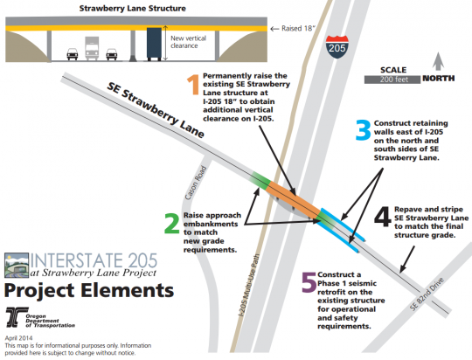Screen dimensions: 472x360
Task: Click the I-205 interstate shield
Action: point(337,46)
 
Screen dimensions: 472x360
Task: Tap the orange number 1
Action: point(193,85)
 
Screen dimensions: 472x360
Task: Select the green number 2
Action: point(172,223)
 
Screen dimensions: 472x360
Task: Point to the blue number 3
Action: point(363,130)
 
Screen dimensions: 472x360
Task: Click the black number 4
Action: point(383,217)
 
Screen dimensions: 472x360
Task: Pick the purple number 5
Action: point(309,282)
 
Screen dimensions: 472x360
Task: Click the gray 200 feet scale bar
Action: point(392,80)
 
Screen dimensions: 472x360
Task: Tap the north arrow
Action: point(438,61)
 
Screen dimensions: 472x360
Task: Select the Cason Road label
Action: point(196,183)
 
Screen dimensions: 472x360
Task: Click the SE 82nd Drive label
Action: point(427,294)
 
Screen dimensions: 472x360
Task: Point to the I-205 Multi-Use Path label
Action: point(248,286)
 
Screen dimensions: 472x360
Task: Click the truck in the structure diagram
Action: point(92,48)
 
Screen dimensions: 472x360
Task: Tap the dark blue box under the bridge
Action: point(154,44)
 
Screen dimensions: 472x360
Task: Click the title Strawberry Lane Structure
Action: point(133,8)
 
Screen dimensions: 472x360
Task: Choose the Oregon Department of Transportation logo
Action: point(40,317)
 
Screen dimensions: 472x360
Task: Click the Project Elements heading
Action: point(89,290)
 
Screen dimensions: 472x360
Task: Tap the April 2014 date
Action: point(18,338)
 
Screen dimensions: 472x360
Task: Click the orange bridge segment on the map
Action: point(294,199)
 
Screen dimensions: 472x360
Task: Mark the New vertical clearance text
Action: point(189,42)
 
